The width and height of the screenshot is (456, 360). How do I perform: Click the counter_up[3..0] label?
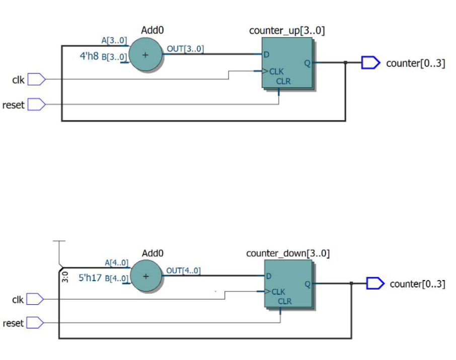(287, 31)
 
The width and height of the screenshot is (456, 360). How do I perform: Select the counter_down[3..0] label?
(288, 253)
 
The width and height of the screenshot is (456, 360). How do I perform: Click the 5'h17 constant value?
(91, 277)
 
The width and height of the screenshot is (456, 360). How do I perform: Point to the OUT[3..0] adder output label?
(185, 49)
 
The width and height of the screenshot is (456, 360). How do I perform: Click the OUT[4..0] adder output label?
(183, 271)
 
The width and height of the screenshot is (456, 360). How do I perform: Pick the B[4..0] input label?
(116, 278)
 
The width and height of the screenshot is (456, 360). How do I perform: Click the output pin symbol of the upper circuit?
(370, 63)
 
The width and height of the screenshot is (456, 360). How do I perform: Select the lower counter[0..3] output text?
(417, 284)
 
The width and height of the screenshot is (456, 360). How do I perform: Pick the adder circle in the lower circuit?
(146, 277)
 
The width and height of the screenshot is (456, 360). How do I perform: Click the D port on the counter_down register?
(269, 276)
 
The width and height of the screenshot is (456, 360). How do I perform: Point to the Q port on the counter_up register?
(306, 63)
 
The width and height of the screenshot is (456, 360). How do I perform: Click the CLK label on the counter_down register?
(278, 292)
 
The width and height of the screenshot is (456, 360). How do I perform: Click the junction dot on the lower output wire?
(351, 284)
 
